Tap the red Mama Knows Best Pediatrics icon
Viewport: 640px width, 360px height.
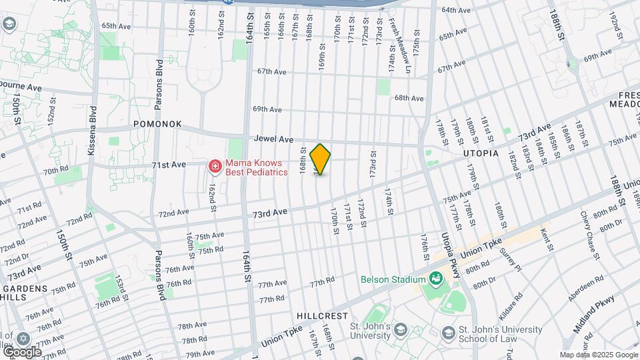pyautogui.click(x=215, y=166)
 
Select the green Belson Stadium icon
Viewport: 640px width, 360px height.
pyautogui.click(x=437, y=279)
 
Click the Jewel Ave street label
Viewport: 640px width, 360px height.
pyautogui.click(x=273, y=139)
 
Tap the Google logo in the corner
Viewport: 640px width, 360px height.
pyautogui.click(x=21, y=351)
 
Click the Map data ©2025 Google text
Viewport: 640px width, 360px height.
pyautogui.click(x=598, y=355)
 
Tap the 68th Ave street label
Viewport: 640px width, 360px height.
pyautogui.click(x=409, y=98)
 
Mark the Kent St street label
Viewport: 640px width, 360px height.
pyautogui.click(x=546, y=240)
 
